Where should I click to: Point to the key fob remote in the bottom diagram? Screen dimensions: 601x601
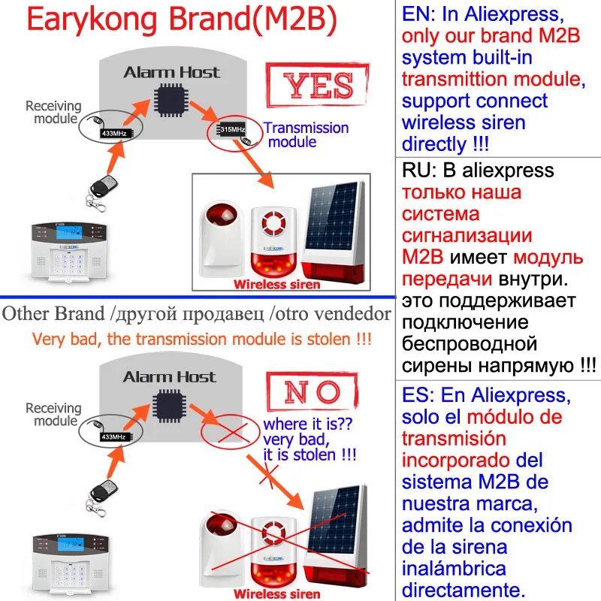tap(98, 492)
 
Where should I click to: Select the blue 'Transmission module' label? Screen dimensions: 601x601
tap(305, 135)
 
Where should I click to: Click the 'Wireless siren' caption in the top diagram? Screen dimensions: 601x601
tap(276, 284)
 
